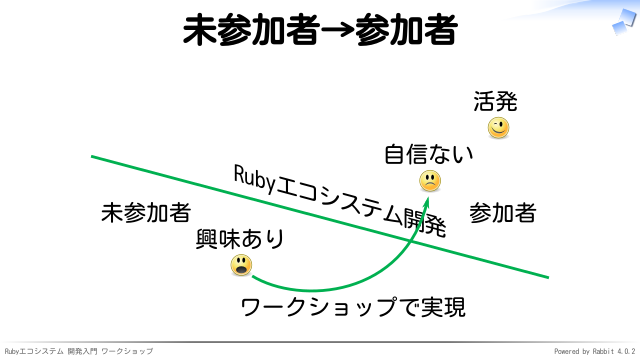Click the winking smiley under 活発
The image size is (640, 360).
(x=498, y=128)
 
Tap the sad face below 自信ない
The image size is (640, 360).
(x=430, y=181)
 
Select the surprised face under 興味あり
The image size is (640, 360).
(x=241, y=265)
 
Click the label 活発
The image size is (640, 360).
(x=495, y=101)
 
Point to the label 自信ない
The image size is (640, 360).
(x=429, y=154)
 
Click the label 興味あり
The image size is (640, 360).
(x=240, y=239)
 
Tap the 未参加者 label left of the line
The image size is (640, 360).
(x=146, y=213)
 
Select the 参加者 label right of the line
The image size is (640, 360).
(x=502, y=213)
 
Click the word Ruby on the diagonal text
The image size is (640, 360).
(x=255, y=180)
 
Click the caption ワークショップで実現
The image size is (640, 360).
(x=353, y=307)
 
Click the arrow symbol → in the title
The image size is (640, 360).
(x=337, y=30)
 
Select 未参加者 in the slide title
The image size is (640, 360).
(x=251, y=29)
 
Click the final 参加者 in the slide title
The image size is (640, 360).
(x=406, y=29)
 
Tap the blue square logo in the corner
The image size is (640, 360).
(x=624, y=22)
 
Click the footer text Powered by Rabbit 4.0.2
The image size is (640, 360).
(x=594, y=351)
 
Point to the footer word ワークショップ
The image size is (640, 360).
(x=127, y=351)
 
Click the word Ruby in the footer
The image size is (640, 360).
(x=12, y=351)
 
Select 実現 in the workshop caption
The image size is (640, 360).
(x=443, y=307)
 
